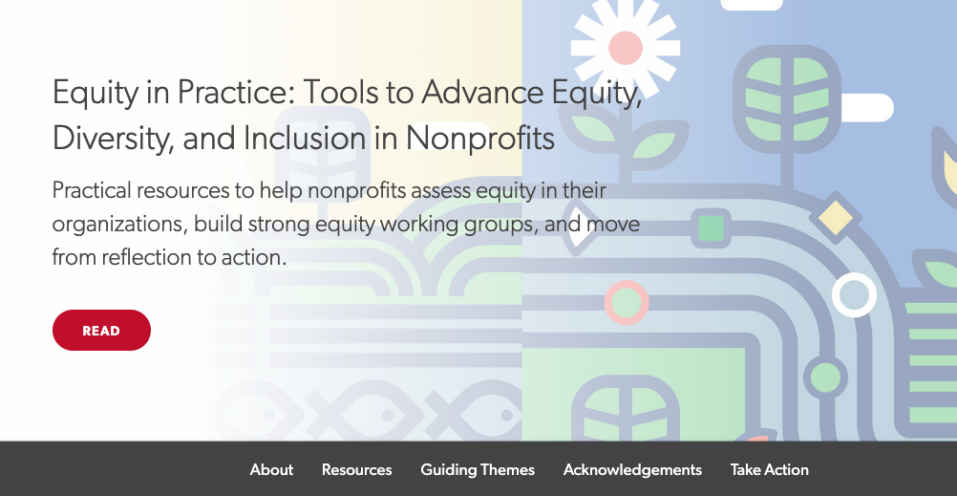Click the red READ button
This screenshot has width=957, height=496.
coord(101,331)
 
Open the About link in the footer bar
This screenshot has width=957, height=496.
coord(271,470)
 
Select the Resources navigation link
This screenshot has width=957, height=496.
coord(356,470)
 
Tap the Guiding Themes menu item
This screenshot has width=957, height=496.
coord(478,470)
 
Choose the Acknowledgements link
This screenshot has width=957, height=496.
coord(632,470)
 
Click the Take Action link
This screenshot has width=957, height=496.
coord(769,470)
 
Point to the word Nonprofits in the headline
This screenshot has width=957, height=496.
coord(480,138)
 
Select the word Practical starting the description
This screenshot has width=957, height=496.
coord(92,190)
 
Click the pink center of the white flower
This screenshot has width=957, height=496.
coord(625,48)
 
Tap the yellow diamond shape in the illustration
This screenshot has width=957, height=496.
coord(836,218)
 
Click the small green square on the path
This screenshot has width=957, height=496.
coord(711,227)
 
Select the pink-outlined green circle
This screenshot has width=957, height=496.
coord(627,302)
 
